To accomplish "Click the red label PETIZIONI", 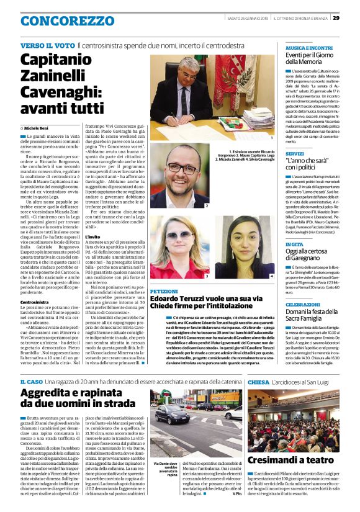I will [164, 290].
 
